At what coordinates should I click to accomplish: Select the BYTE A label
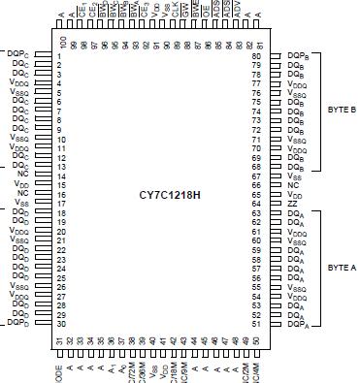[x=342, y=267]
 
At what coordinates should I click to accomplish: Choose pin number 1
[x=59, y=56]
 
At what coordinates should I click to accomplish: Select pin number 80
[x=256, y=56]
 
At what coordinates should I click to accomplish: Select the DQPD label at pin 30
[x=16, y=323]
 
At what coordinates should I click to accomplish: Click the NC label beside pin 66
[x=292, y=185]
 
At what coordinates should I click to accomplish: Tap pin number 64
[x=256, y=204]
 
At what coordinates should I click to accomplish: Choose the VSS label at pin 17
[x=22, y=204]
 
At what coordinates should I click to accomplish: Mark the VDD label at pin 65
[x=294, y=195]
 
